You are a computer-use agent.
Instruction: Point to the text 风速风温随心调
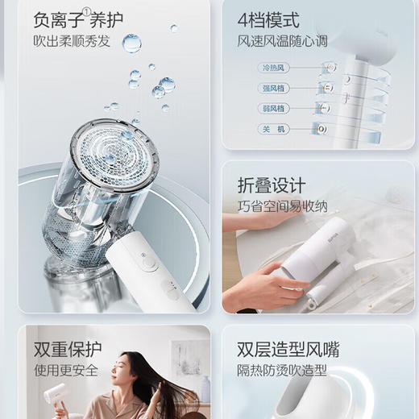click(281, 41)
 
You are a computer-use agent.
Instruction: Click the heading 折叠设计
click(272, 185)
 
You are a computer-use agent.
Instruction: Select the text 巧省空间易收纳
click(282, 207)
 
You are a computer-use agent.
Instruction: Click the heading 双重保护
click(67, 350)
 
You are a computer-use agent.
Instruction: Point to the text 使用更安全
click(67, 371)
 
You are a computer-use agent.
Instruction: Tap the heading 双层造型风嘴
click(288, 350)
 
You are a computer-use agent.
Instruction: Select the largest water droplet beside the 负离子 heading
click(131, 43)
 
